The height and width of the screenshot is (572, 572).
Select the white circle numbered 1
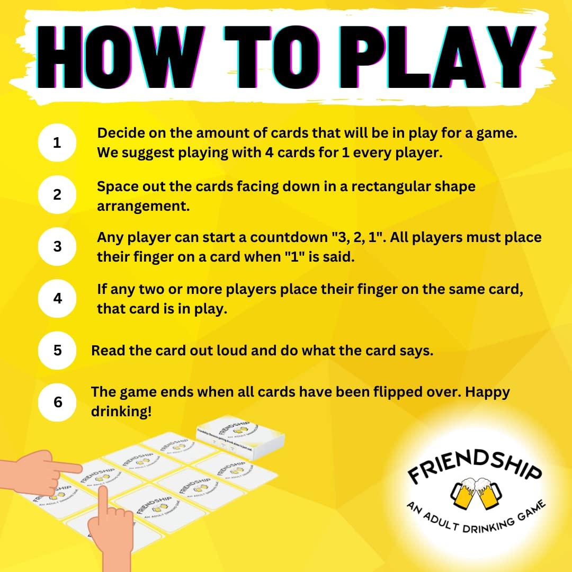coord(57,143)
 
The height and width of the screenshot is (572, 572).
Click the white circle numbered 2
coord(57,195)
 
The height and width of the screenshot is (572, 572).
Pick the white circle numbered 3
coord(57,247)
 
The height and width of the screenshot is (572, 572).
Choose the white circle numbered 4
coord(57,299)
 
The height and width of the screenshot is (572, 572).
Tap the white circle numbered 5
coord(57,351)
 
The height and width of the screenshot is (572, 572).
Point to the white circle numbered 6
coord(57,403)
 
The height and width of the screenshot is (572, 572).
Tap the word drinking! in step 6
coord(121,412)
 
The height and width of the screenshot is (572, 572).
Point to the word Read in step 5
coord(108,351)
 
